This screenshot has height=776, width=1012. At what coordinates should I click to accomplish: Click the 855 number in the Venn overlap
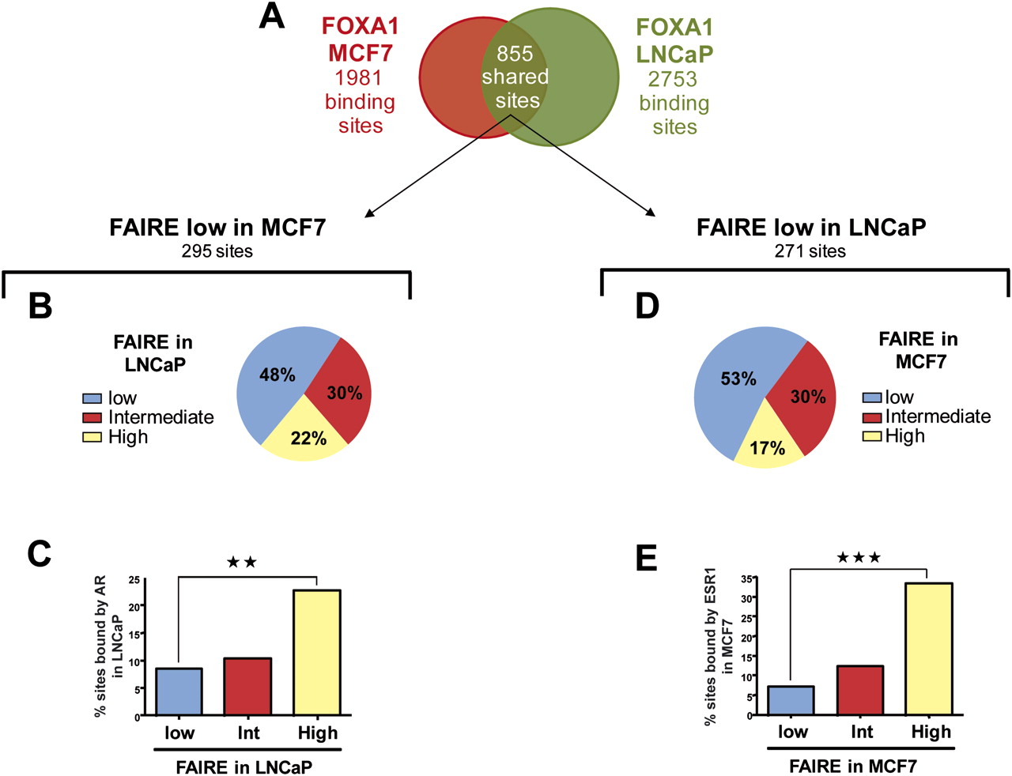pyautogui.click(x=514, y=53)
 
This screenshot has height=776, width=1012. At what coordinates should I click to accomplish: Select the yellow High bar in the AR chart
pyautogui.click(x=317, y=652)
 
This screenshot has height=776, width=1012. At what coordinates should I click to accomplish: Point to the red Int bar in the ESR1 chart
pyautogui.click(x=860, y=690)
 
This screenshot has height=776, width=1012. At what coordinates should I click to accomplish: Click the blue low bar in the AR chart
pyautogui.click(x=179, y=691)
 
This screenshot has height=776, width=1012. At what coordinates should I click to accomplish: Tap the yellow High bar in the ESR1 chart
pyautogui.click(x=929, y=649)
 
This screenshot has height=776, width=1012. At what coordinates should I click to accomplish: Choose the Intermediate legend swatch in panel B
pyautogui.click(x=92, y=417)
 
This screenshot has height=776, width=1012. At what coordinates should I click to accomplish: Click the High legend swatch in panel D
pyautogui.click(x=872, y=436)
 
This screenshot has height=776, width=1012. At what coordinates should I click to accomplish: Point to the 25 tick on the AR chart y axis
pyautogui.click(x=139, y=580)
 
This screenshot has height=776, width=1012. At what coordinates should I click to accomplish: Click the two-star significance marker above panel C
pyautogui.click(x=242, y=562)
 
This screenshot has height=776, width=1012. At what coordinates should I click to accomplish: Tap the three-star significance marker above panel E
pyautogui.click(x=859, y=557)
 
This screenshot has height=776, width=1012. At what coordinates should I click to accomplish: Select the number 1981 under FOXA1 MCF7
pyautogui.click(x=358, y=77)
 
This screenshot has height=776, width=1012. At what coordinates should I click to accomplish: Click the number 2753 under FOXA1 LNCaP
pyautogui.click(x=673, y=79)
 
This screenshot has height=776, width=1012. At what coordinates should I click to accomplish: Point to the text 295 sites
pyautogui.click(x=217, y=251)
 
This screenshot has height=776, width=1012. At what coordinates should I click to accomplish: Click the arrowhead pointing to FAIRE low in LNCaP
pyautogui.click(x=650, y=213)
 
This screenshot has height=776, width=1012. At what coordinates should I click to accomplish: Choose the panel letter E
pyautogui.click(x=647, y=557)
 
